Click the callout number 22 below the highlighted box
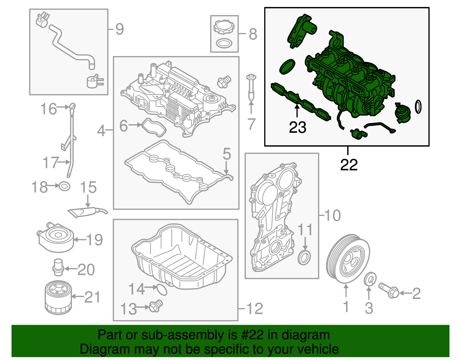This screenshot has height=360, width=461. tap(349, 165)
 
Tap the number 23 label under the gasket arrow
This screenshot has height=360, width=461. tap(297, 127)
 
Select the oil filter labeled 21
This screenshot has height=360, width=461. tap(58, 298)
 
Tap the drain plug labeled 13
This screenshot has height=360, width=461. tap(156, 306)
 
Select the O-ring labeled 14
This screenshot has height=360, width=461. tap(162, 289)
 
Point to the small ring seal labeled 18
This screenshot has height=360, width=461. tap(64, 186)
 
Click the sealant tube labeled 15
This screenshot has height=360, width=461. tap(86, 212)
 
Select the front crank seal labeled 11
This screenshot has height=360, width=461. tap(304, 257)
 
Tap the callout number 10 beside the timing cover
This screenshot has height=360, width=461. tap(332, 215)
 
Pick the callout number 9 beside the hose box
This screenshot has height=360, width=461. tap(119, 29)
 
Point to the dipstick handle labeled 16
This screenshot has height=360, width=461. tap(72, 107)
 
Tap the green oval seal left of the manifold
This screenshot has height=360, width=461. tap(287, 67)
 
